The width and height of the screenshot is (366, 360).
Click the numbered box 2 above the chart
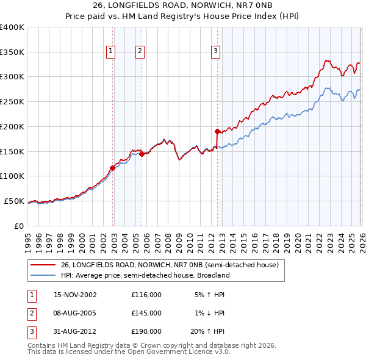click(x=140, y=52)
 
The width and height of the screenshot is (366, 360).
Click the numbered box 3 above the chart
click(x=216, y=52)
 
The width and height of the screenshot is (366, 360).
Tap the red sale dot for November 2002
click(x=112, y=168)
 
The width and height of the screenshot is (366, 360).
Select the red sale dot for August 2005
click(x=142, y=154)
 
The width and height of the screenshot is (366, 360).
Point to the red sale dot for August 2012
click(x=217, y=131)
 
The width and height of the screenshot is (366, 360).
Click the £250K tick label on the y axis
click(x=12, y=102)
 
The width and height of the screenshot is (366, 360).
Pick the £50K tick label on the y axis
click(x=15, y=201)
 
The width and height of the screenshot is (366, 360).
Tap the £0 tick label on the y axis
click(x=19, y=226)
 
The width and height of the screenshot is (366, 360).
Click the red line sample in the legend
click(x=43, y=265)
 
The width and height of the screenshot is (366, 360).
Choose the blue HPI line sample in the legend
click(x=43, y=275)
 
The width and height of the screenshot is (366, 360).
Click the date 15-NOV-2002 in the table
click(x=75, y=295)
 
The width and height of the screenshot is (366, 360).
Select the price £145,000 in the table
click(x=146, y=313)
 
